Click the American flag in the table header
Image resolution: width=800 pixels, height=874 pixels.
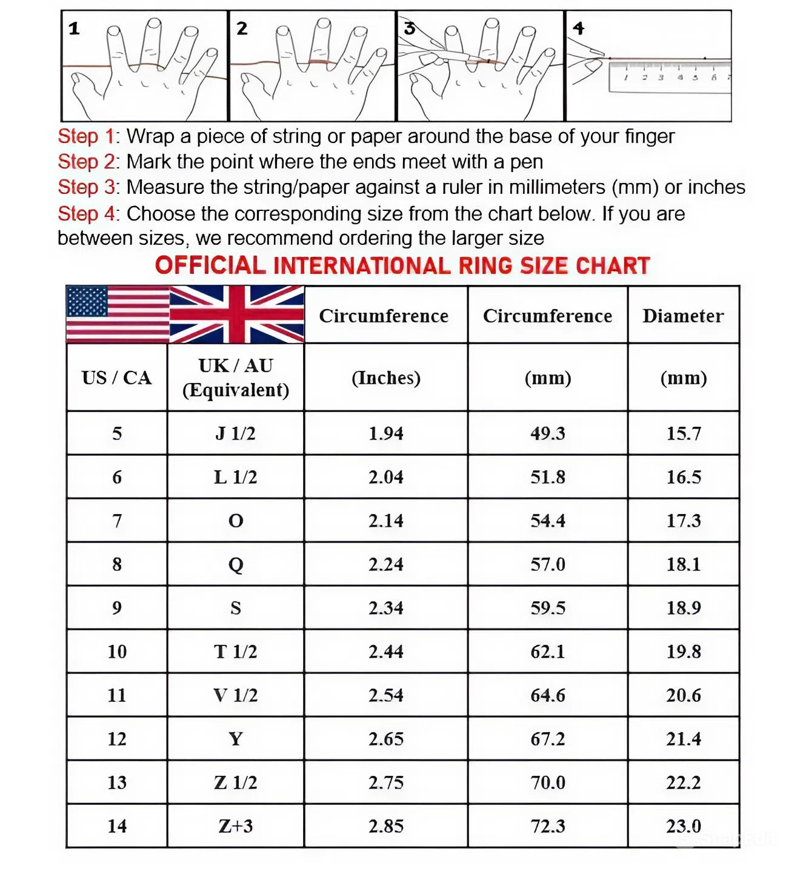coord(118,314)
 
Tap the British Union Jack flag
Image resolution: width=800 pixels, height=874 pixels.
coord(236,314)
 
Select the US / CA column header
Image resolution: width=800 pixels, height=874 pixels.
coord(116,378)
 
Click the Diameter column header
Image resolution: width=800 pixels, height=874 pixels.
coord(683,316)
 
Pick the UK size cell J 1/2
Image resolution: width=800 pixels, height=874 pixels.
coord(235,433)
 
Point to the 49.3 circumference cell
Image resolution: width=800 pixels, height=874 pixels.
coord(547,433)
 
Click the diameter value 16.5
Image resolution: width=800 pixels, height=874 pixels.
coord(684,477)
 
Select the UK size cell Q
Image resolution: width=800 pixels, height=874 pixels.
coord(235,564)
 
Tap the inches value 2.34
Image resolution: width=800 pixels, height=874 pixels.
coord(385,608)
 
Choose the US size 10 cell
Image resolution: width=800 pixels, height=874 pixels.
coord(116,652)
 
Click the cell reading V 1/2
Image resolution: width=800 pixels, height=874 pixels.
coord(235,695)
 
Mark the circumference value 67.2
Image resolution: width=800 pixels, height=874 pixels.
coord(547,739)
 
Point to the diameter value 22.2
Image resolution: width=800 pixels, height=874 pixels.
coord(684,782)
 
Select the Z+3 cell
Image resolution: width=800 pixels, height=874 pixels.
coord(235,826)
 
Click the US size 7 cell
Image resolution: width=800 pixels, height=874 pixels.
coord(116,521)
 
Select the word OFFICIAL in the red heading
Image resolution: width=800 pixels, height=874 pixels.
coord(210,265)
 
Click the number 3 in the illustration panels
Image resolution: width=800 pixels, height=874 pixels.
coord(409,28)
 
